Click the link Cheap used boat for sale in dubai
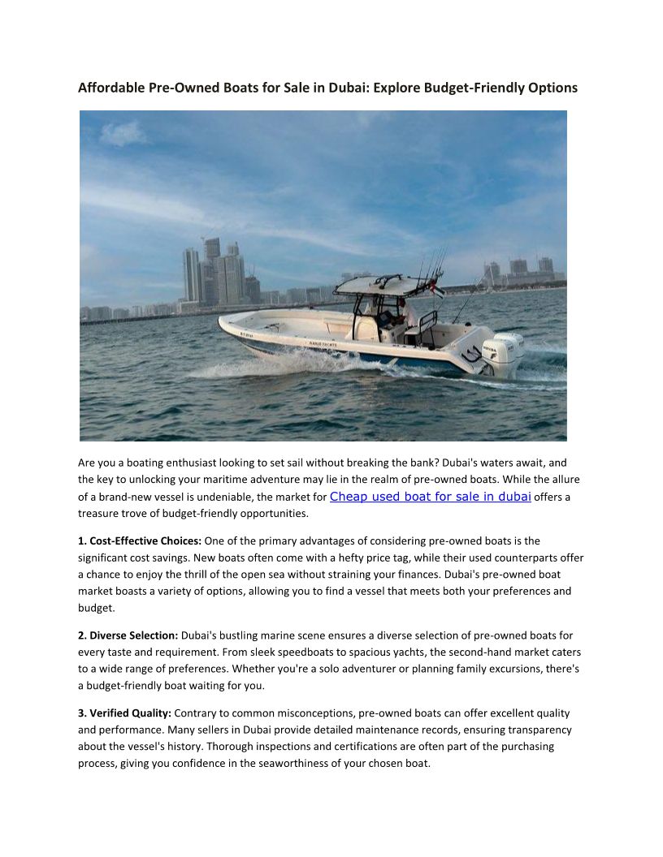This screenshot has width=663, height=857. point(431,497)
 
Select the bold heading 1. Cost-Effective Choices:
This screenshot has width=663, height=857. point(140,540)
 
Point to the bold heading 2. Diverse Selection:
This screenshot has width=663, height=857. point(128,635)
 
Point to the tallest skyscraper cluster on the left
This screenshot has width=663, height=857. point(213,272)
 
